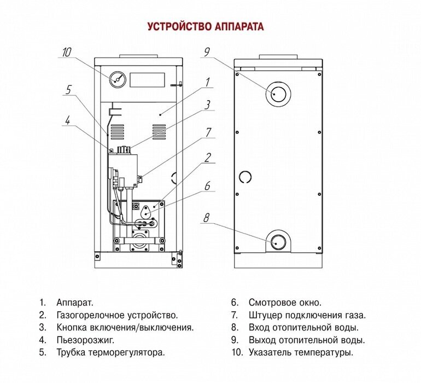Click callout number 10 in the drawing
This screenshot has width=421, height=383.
[66, 53]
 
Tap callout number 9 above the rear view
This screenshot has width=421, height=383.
[207, 53]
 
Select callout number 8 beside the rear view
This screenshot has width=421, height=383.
[206, 219]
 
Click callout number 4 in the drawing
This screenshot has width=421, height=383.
[67, 120]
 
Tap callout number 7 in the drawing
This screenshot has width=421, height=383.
[208, 132]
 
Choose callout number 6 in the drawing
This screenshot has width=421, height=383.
[207, 187]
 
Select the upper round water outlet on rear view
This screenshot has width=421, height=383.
[277, 94]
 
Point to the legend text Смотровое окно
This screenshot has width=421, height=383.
[285, 303]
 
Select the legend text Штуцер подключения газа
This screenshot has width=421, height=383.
[307, 315]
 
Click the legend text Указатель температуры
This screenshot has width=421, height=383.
[300, 353]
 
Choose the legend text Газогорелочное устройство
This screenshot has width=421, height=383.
[116, 315]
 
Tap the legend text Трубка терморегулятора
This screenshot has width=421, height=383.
[110, 353]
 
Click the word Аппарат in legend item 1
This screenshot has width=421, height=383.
[75, 303]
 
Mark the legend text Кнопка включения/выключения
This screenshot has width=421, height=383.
[125, 328]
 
